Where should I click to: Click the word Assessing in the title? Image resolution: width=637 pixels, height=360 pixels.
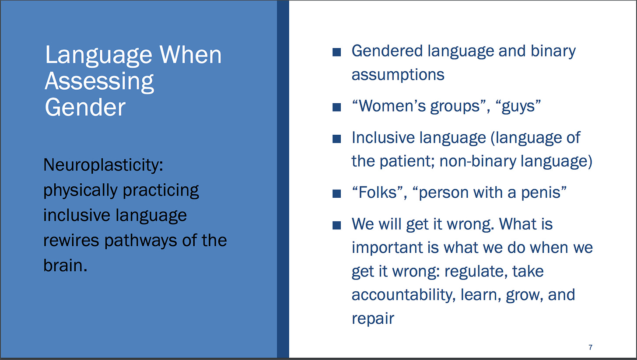[x=99, y=82]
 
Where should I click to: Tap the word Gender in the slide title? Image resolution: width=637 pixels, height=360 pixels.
[x=85, y=107]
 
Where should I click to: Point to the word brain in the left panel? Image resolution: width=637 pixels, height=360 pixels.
[x=63, y=266]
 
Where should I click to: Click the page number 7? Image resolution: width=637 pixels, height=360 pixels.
[x=590, y=347]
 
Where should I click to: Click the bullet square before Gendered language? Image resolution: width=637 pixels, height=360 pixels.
[x=337, y=52]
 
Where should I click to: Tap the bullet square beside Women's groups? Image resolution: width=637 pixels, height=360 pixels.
[x=337, y=107]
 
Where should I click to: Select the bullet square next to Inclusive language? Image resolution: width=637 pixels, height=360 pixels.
[x=337, y=139]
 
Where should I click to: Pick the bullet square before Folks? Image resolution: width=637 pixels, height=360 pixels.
[x=337, y=194]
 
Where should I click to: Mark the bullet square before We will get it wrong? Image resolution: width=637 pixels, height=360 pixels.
[x=337, y=225]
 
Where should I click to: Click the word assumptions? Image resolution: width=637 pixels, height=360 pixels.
[x=398, y=75]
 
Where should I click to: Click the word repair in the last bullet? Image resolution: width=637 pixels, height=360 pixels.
[x=373, y=319]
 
